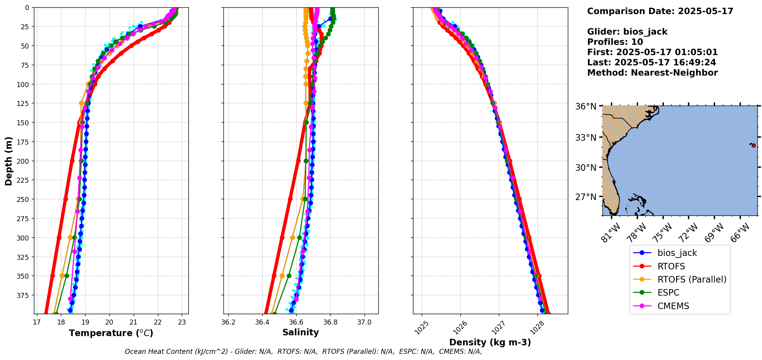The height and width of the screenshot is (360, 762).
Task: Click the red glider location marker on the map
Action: (x=754, y=145)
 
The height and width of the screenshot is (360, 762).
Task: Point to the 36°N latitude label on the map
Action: (x=586, y=106)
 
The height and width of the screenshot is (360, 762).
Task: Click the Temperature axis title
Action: (x=111, y=333)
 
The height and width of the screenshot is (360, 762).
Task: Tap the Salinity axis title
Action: (x=300, y=332)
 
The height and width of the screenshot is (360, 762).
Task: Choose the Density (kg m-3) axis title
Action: (x=490, y=342)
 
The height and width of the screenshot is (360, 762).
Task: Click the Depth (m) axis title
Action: (x=8, y=161)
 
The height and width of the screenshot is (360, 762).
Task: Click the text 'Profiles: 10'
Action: (x=615, y=42)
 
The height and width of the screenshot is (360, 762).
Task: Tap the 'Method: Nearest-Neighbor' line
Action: (x=652, y=73)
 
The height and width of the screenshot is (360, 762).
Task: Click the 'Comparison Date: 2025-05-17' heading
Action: (x=660, y=11)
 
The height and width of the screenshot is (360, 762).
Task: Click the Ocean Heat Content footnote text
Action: (x=303, y=352)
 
